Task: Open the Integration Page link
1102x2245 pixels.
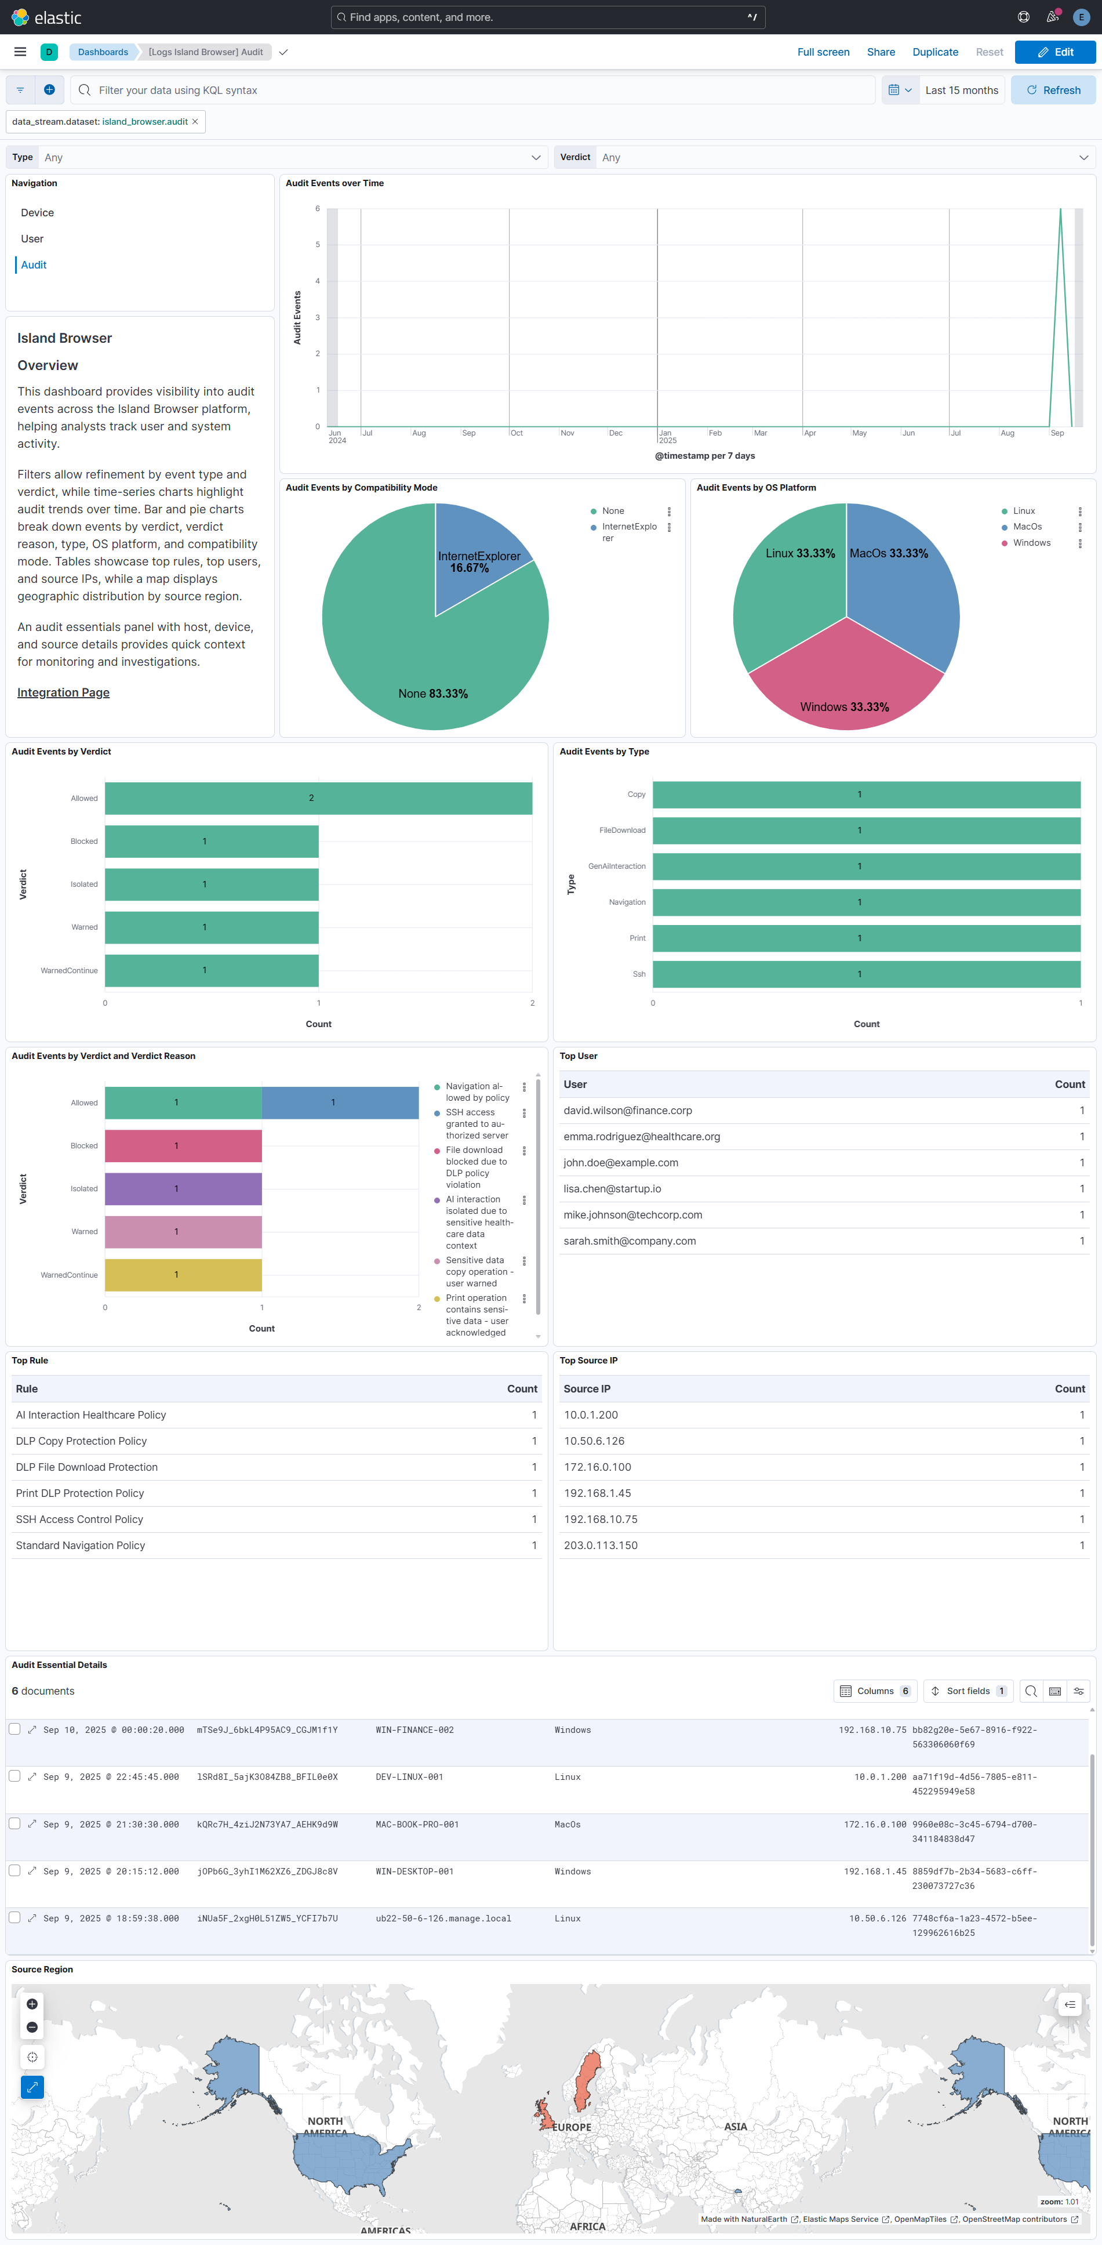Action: click(64, 693)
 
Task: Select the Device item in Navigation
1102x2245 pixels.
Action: click(38, 213)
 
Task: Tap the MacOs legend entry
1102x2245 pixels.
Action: click(1027, 527)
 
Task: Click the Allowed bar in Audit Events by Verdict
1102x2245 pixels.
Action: click(318, 798)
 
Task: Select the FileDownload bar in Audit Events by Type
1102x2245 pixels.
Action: click(866, 830)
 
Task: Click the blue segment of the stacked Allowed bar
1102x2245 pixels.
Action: click(340, 1102)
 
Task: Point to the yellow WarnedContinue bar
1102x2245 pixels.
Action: click(183, 1275)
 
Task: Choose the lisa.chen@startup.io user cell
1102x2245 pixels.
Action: click(612, 1189)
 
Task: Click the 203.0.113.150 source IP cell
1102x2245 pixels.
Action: click(601, 1545)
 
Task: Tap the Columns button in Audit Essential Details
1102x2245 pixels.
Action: click(875, 1691)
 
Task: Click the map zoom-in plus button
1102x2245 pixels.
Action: click(32, 2004)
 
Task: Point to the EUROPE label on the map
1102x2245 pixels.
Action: click(572, 2127)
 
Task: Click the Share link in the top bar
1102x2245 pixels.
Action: click(881, 52)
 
